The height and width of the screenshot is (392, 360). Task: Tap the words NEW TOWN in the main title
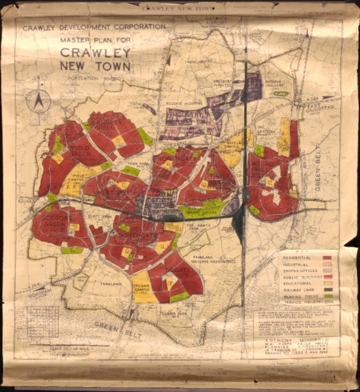point(95,65)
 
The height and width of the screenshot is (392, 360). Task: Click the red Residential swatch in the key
point(327,257)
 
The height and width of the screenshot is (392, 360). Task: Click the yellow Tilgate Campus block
point(141,288)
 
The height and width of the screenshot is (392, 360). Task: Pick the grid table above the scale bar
point(43,321)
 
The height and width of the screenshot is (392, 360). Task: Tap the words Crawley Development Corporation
point(94,27)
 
